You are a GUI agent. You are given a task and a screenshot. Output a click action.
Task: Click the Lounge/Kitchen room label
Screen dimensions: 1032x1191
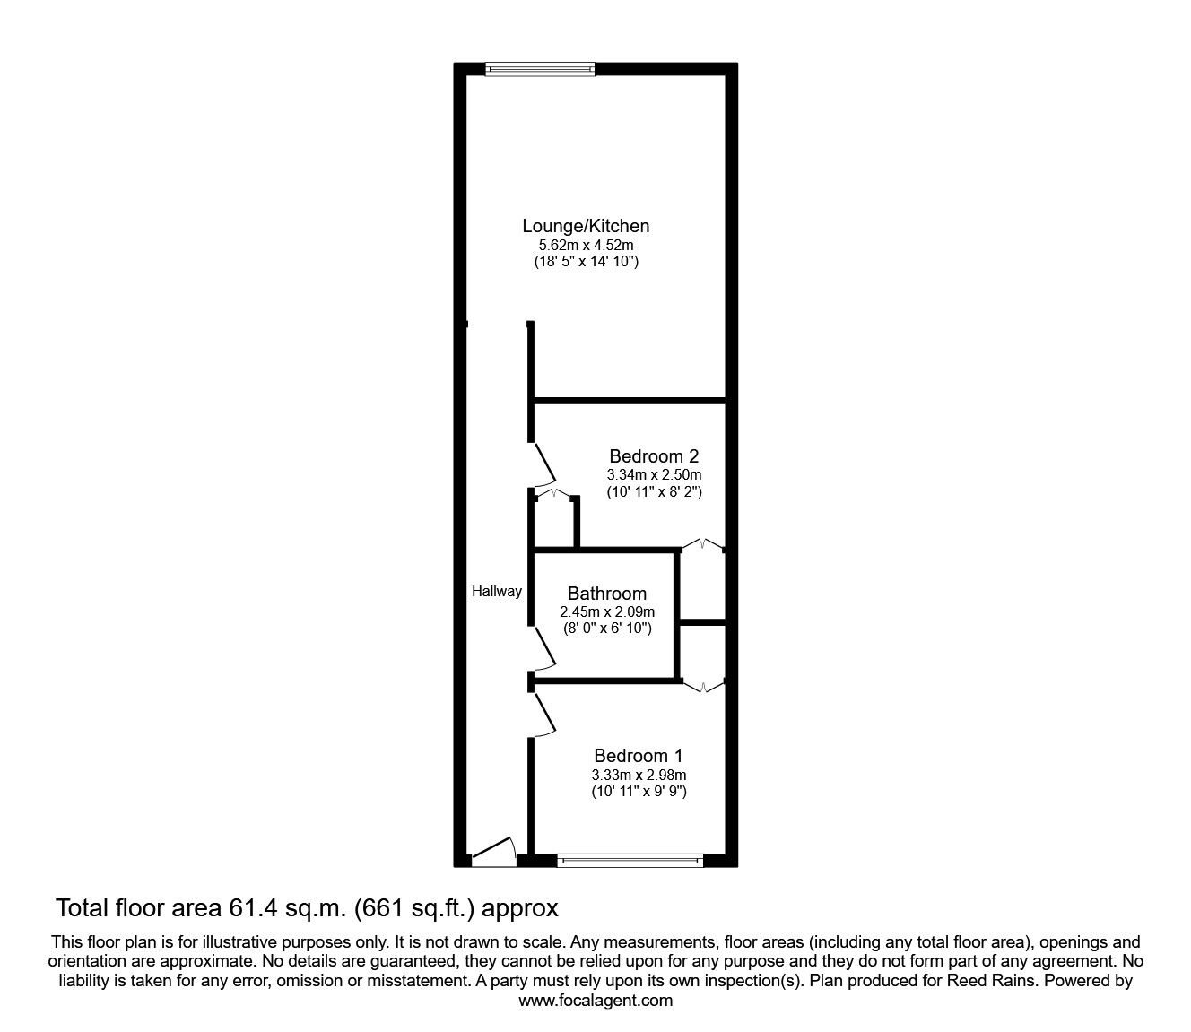587,226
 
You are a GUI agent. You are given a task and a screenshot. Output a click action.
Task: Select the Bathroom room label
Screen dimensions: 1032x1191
606,594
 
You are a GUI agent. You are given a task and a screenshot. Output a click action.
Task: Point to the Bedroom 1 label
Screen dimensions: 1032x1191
639,756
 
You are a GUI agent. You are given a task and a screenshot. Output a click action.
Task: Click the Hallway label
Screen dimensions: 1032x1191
497,591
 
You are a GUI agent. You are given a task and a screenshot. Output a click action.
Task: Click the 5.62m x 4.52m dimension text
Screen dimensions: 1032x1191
587,245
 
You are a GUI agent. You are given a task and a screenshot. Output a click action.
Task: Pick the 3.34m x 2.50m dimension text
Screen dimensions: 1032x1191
654,474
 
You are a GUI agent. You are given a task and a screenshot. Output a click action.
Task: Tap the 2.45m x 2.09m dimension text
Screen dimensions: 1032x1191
607,611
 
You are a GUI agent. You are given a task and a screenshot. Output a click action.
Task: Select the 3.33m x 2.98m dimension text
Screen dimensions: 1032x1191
639,775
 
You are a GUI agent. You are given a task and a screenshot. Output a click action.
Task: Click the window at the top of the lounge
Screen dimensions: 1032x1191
540,68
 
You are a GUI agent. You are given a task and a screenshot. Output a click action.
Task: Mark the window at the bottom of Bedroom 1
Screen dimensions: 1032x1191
630,861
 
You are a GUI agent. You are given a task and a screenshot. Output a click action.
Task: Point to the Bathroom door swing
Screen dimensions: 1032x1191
544,648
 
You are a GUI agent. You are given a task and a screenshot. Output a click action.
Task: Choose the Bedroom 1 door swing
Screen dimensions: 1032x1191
544,717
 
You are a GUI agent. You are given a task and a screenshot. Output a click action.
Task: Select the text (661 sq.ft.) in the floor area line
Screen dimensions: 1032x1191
415,908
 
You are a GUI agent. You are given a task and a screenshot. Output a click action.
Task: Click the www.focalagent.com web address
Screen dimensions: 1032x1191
595,1001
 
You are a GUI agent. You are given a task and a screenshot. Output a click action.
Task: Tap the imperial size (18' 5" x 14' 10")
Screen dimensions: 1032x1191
587,262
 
